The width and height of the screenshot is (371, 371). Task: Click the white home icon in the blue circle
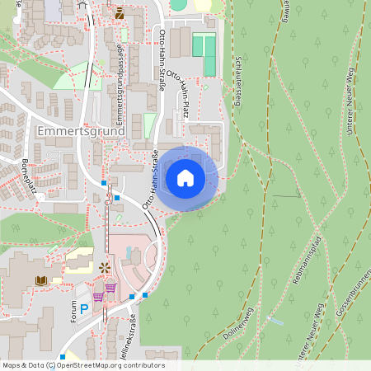185,177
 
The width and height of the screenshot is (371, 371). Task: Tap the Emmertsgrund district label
81,131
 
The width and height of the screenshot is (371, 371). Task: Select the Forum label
75,312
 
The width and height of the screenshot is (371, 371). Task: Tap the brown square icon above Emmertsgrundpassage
120,12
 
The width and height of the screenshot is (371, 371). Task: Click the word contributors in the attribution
145,365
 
